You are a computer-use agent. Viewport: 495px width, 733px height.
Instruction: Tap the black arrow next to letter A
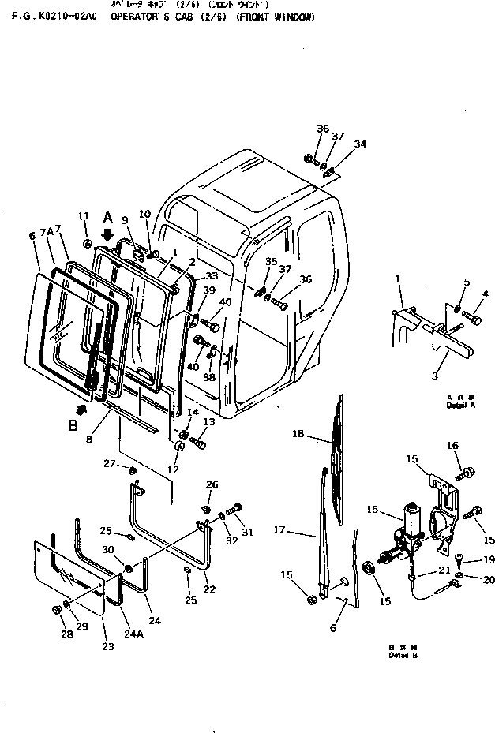107,234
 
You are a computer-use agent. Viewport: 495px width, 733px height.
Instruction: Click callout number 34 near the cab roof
360,144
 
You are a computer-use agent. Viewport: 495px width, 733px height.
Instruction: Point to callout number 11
84,216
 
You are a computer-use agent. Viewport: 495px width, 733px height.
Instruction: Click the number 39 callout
208,292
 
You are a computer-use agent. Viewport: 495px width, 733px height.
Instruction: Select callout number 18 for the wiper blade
298,435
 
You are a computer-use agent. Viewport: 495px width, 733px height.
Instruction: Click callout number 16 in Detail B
452,446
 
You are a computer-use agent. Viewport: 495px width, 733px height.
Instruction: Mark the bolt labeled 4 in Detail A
471,318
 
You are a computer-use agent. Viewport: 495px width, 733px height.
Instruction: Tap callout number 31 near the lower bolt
248,532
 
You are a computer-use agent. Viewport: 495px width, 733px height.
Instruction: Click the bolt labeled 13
199,444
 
